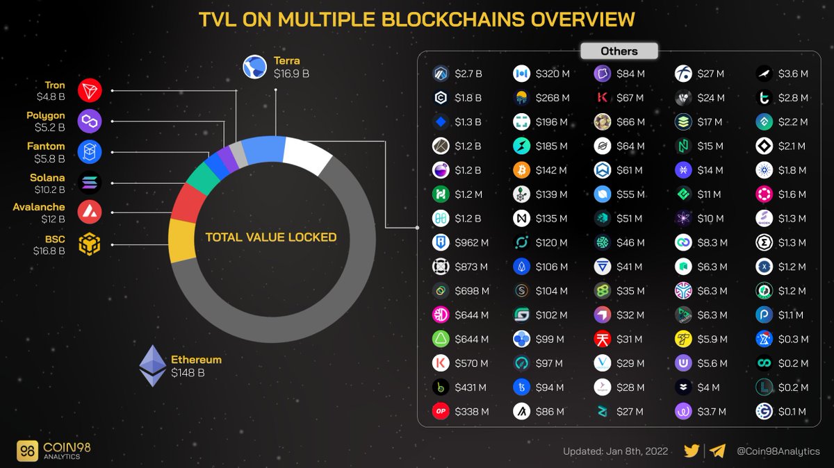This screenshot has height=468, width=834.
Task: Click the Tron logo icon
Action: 90,90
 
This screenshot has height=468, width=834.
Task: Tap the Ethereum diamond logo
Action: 153,366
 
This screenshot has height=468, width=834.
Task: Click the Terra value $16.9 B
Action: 291,74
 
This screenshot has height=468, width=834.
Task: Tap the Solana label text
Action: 47,178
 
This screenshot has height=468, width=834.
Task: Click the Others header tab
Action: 619,51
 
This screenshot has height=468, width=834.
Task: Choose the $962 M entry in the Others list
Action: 472,243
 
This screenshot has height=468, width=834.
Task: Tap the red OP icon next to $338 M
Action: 440,412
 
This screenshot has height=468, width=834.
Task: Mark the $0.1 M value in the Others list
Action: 793,412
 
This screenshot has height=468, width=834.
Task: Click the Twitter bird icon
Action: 692,451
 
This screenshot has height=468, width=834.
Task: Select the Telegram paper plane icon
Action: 718,451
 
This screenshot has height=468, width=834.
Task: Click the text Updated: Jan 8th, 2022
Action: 615,451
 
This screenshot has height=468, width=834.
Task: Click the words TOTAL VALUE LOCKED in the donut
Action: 271,237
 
